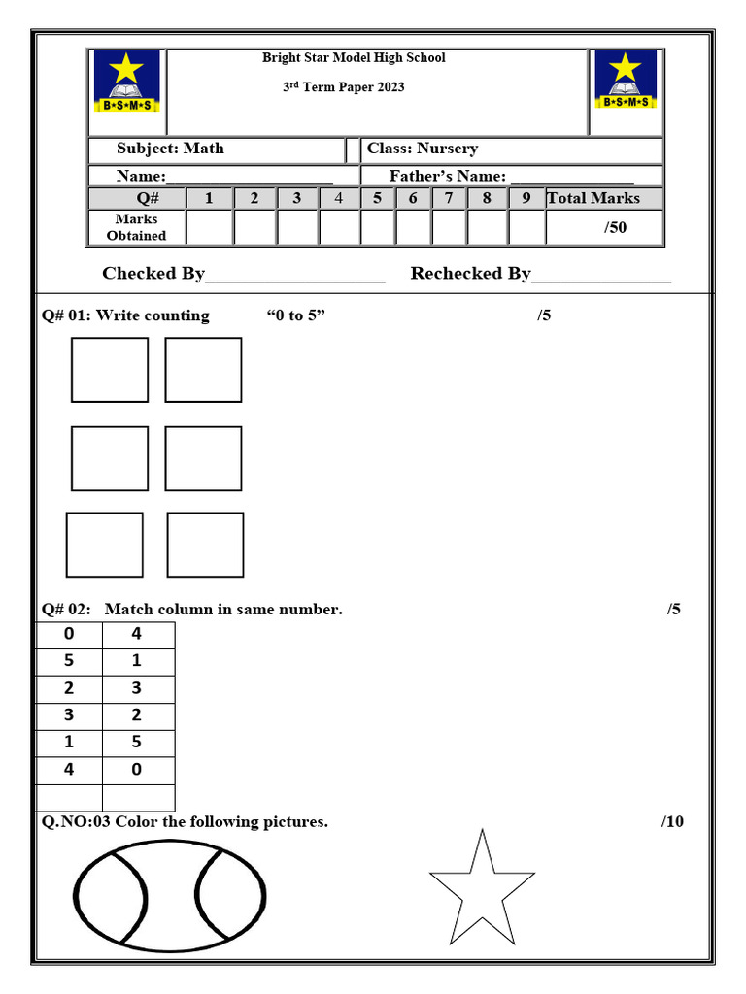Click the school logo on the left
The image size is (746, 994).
tap(127, 81)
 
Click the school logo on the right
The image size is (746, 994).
tap(626, 80)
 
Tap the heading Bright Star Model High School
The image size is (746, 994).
tap(354, 58)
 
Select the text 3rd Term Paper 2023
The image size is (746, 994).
tap(343, 87)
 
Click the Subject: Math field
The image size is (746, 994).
tap(170, 149)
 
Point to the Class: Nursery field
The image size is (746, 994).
tap(422, 149)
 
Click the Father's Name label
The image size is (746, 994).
tap(447, 176)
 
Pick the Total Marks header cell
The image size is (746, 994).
tap(593, 198)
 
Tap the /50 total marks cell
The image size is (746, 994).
tap(615, 228)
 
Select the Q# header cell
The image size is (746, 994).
tap(147, 198)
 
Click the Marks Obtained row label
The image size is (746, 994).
tap(136, 227)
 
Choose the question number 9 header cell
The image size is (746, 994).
tap(526, 198)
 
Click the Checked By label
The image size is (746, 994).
tap(153, 273)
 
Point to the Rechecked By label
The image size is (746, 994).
tap(470, 273)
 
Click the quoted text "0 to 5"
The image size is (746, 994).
tap(295, 315)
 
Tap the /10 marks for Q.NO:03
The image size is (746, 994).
tap(672, 821)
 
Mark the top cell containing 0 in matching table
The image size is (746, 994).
tap(68, 634)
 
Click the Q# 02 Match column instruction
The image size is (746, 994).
tap(192, 610)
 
